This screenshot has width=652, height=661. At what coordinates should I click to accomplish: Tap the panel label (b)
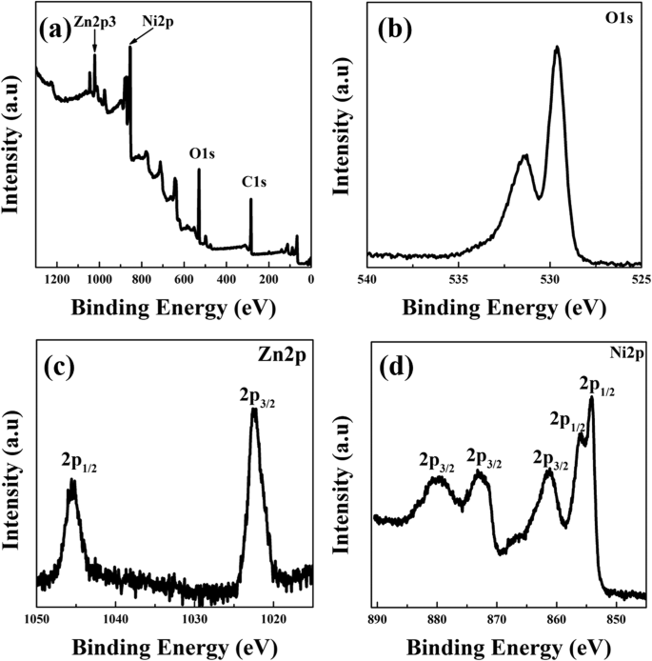click(393, 30)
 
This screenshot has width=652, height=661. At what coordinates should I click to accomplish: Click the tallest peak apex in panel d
click(591, 398)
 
